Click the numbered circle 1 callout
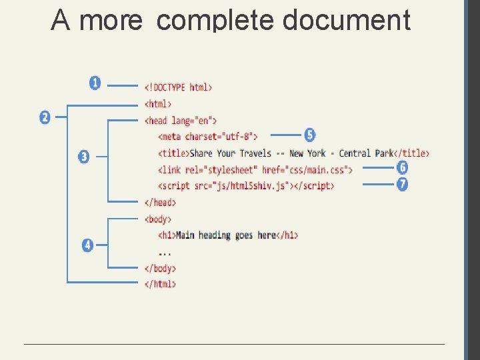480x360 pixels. point(95,83)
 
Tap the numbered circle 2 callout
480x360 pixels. point(45,117)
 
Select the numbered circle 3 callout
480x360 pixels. point(83,157)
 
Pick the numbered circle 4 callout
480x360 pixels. point(87,245)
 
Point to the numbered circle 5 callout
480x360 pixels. point(309,135)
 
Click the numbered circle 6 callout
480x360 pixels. point(402,168)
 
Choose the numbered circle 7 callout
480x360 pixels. point(402,184)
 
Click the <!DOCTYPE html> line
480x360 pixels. point(178,87)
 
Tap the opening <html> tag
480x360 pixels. point(158,104)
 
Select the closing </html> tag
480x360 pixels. point(160,284)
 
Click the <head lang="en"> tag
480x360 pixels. point(181,121)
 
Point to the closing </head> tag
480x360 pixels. point(160,202)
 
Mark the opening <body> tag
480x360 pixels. point(158,219)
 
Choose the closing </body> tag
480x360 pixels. point(160,268)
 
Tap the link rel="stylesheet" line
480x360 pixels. point(255,169)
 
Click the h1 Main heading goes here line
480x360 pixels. point(228,235)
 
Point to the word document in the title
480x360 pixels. point(346,20)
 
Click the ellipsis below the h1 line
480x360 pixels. point(165,253)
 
